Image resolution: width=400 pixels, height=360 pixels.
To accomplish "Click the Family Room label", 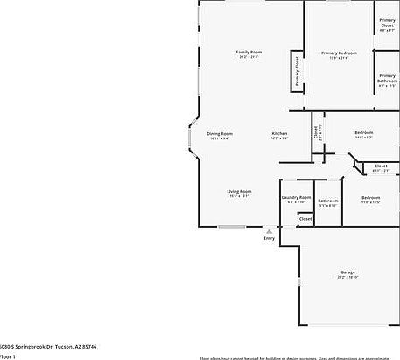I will coord(249,52).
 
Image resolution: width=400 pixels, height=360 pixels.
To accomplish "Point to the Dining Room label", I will coord(220,133).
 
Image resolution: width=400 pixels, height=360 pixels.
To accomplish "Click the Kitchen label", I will coord(280,133).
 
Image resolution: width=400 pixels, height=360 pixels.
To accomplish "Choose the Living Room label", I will coord(240,191).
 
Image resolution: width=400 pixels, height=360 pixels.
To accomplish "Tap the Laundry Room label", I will coord(296,197).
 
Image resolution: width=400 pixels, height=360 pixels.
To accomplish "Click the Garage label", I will coord(347,273).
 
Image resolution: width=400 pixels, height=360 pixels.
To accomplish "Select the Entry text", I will coord(269,239).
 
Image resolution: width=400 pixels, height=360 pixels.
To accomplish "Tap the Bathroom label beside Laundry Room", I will coord(328,201).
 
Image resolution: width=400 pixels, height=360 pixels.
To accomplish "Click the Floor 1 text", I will coord(6,356).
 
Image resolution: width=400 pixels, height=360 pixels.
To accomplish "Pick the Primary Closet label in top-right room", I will coord(387,23).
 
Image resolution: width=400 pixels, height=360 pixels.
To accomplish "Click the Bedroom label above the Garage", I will coord(371,197).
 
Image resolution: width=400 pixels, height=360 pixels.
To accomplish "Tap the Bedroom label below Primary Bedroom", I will coord(364,133).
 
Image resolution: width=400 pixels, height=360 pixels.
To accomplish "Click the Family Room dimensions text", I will coord(249,58).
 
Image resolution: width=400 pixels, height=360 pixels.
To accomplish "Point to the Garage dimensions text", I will coord(347,279).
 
